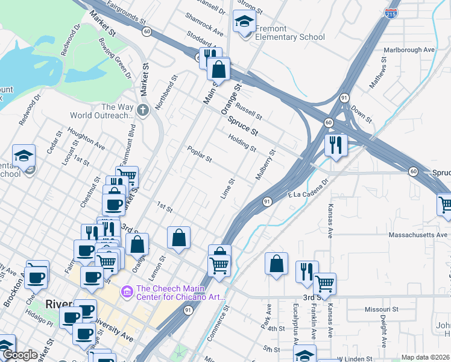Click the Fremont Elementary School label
coord(290,33)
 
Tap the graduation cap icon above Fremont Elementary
coord(244,22)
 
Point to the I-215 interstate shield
coord(391,13)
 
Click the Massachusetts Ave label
coord(418,234)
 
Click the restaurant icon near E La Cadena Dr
coord(333,145)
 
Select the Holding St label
coord(242,143)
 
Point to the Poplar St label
coord(200,155)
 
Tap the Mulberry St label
coord(265,165)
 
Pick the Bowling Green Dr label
coord(115,59)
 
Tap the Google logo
coord(20,355)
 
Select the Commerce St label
coord(219,323)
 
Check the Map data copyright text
coord(424,357)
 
